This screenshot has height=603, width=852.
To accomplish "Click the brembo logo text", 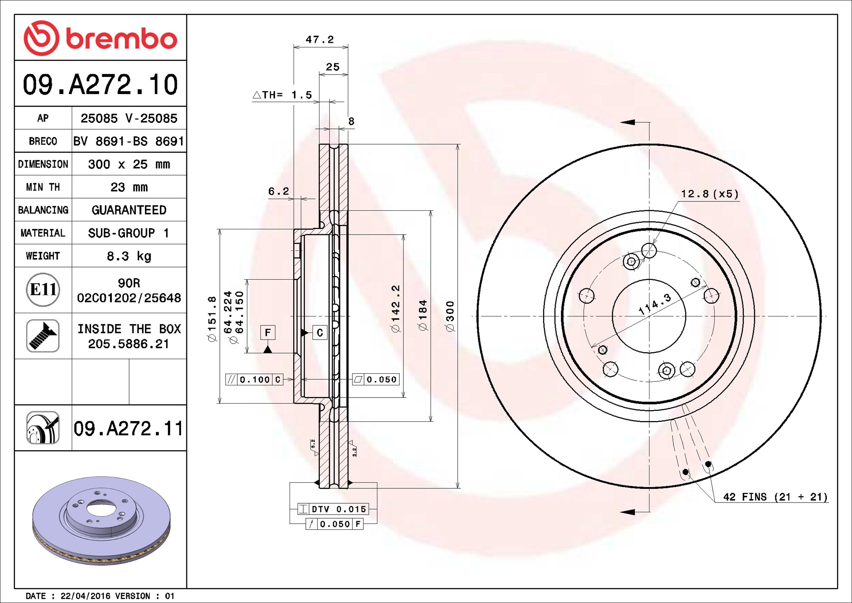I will pos(121,39).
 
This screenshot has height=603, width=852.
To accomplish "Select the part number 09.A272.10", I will pos(100,85).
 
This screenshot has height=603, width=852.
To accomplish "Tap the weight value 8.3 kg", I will pos(129,256).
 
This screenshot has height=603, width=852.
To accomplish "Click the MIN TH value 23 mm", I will pos(129,187).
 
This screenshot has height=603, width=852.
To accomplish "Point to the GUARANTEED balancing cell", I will pos(129,210).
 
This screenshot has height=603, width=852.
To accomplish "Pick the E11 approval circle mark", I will pos(43,290).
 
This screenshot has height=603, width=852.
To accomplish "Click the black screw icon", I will pos(43,336).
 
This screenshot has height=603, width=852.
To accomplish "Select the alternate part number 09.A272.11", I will pos(128,428).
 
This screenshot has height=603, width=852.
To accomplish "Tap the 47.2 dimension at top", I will pos(319,39).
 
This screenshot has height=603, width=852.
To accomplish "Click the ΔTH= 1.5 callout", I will pos(282,95).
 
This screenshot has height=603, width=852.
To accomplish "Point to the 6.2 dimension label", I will pos(279,191).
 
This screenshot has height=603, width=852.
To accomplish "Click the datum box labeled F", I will pos(268,333).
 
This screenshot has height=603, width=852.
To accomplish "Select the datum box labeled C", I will pos(319,333).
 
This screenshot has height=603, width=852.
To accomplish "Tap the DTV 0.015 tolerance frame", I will pos(333,509).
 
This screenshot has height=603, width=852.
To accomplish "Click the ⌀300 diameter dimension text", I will pos(450,316).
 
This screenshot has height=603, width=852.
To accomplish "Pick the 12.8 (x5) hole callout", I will pos(709,194).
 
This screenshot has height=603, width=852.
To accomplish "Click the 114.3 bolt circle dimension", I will pos(655,304).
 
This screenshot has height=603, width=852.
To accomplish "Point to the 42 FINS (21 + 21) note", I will pos(775,497).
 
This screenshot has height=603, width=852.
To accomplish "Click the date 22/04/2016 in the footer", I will pos(85,596).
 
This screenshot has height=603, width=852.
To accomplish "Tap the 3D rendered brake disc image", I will pos(101,521).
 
